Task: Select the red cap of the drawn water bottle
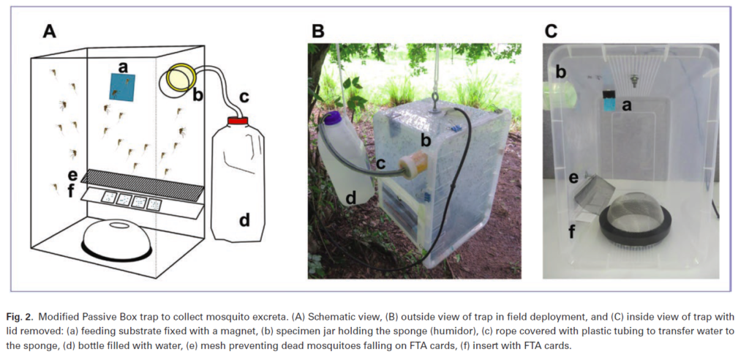pyautogui.click(x=238, y=119)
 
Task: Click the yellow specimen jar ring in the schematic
pyautogui.click(x=179, y=78)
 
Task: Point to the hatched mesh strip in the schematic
pyautogui.click(x=143, y=184)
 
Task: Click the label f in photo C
pyautogui.click(x=572, y=233)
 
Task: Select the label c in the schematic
pyautogui.click(x=244, y=96)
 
